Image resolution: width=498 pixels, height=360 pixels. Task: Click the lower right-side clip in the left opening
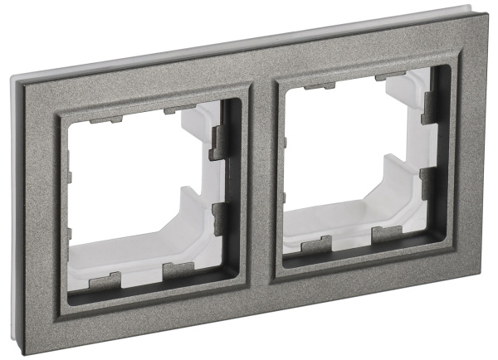pos(218,216)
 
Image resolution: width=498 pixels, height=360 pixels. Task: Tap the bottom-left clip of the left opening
pos(105,280)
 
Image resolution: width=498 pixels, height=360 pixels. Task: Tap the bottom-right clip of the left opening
pos(179,270)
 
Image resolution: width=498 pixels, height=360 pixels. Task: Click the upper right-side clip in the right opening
pos(430,107)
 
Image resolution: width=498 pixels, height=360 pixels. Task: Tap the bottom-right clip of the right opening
pos(387,234)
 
